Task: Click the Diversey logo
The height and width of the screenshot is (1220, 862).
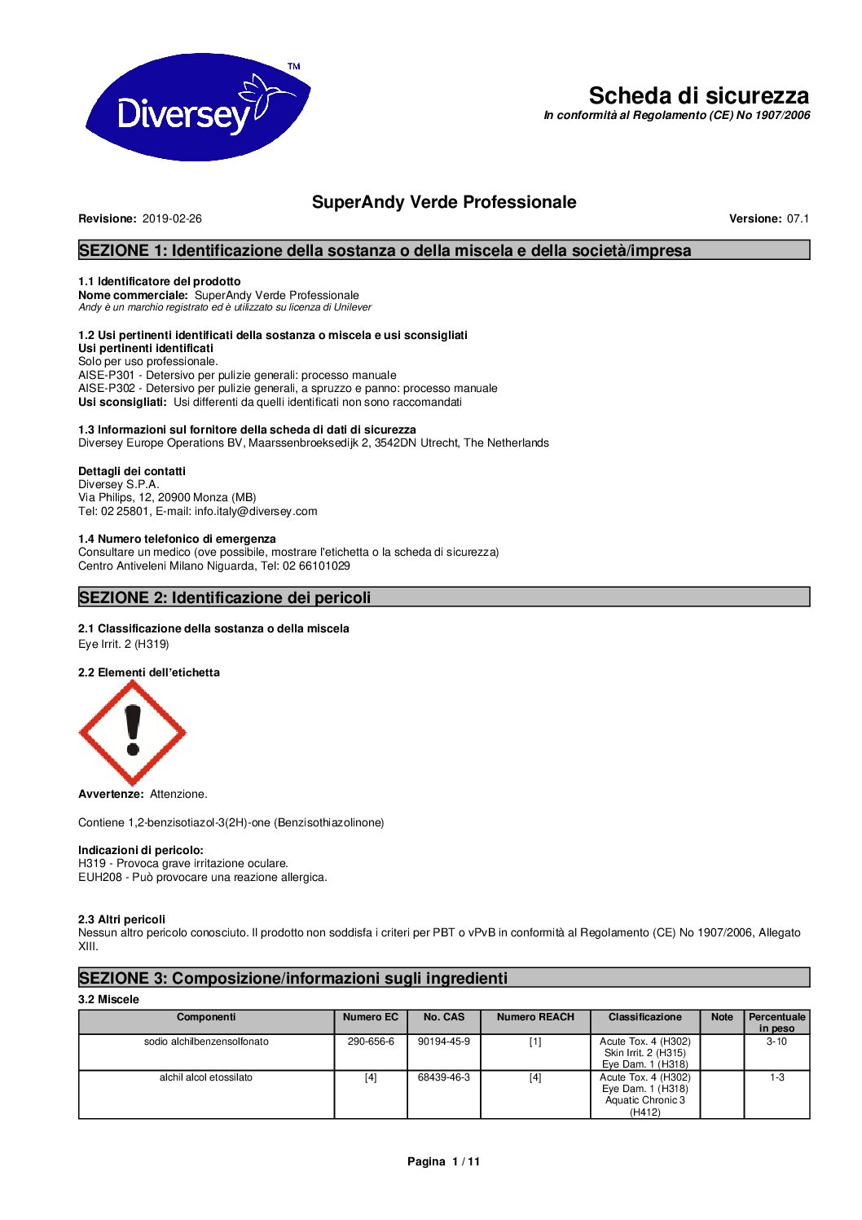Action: point(197,107)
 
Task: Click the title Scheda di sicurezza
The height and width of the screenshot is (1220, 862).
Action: point(698,95)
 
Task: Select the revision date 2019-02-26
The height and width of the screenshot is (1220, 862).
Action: point(172,218)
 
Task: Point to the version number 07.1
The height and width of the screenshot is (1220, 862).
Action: point(798,218)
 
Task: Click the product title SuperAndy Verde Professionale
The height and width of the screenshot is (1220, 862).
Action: point(444,202)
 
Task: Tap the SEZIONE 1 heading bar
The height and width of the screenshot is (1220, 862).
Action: point(444,250)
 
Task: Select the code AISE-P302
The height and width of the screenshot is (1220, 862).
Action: point(107,389)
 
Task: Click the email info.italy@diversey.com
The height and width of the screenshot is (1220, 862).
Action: point(256,511)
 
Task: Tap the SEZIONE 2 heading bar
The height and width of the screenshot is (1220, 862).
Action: point(444,597)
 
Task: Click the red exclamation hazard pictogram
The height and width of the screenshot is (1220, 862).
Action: point(132,733)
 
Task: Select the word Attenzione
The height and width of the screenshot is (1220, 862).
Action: point(178,794)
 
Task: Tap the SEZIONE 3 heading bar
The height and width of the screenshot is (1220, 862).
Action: point(444,978)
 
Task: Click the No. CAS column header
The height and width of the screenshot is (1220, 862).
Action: point(444,1017)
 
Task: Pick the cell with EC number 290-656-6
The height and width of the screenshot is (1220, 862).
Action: point(371,1042)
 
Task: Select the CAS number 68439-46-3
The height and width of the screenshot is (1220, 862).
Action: point(444,1077)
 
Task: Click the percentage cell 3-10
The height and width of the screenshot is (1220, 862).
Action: point(777,1042)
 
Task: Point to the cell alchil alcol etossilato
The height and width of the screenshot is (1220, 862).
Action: point(206,1077)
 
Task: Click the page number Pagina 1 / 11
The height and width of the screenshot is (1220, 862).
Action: point(444,1161)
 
